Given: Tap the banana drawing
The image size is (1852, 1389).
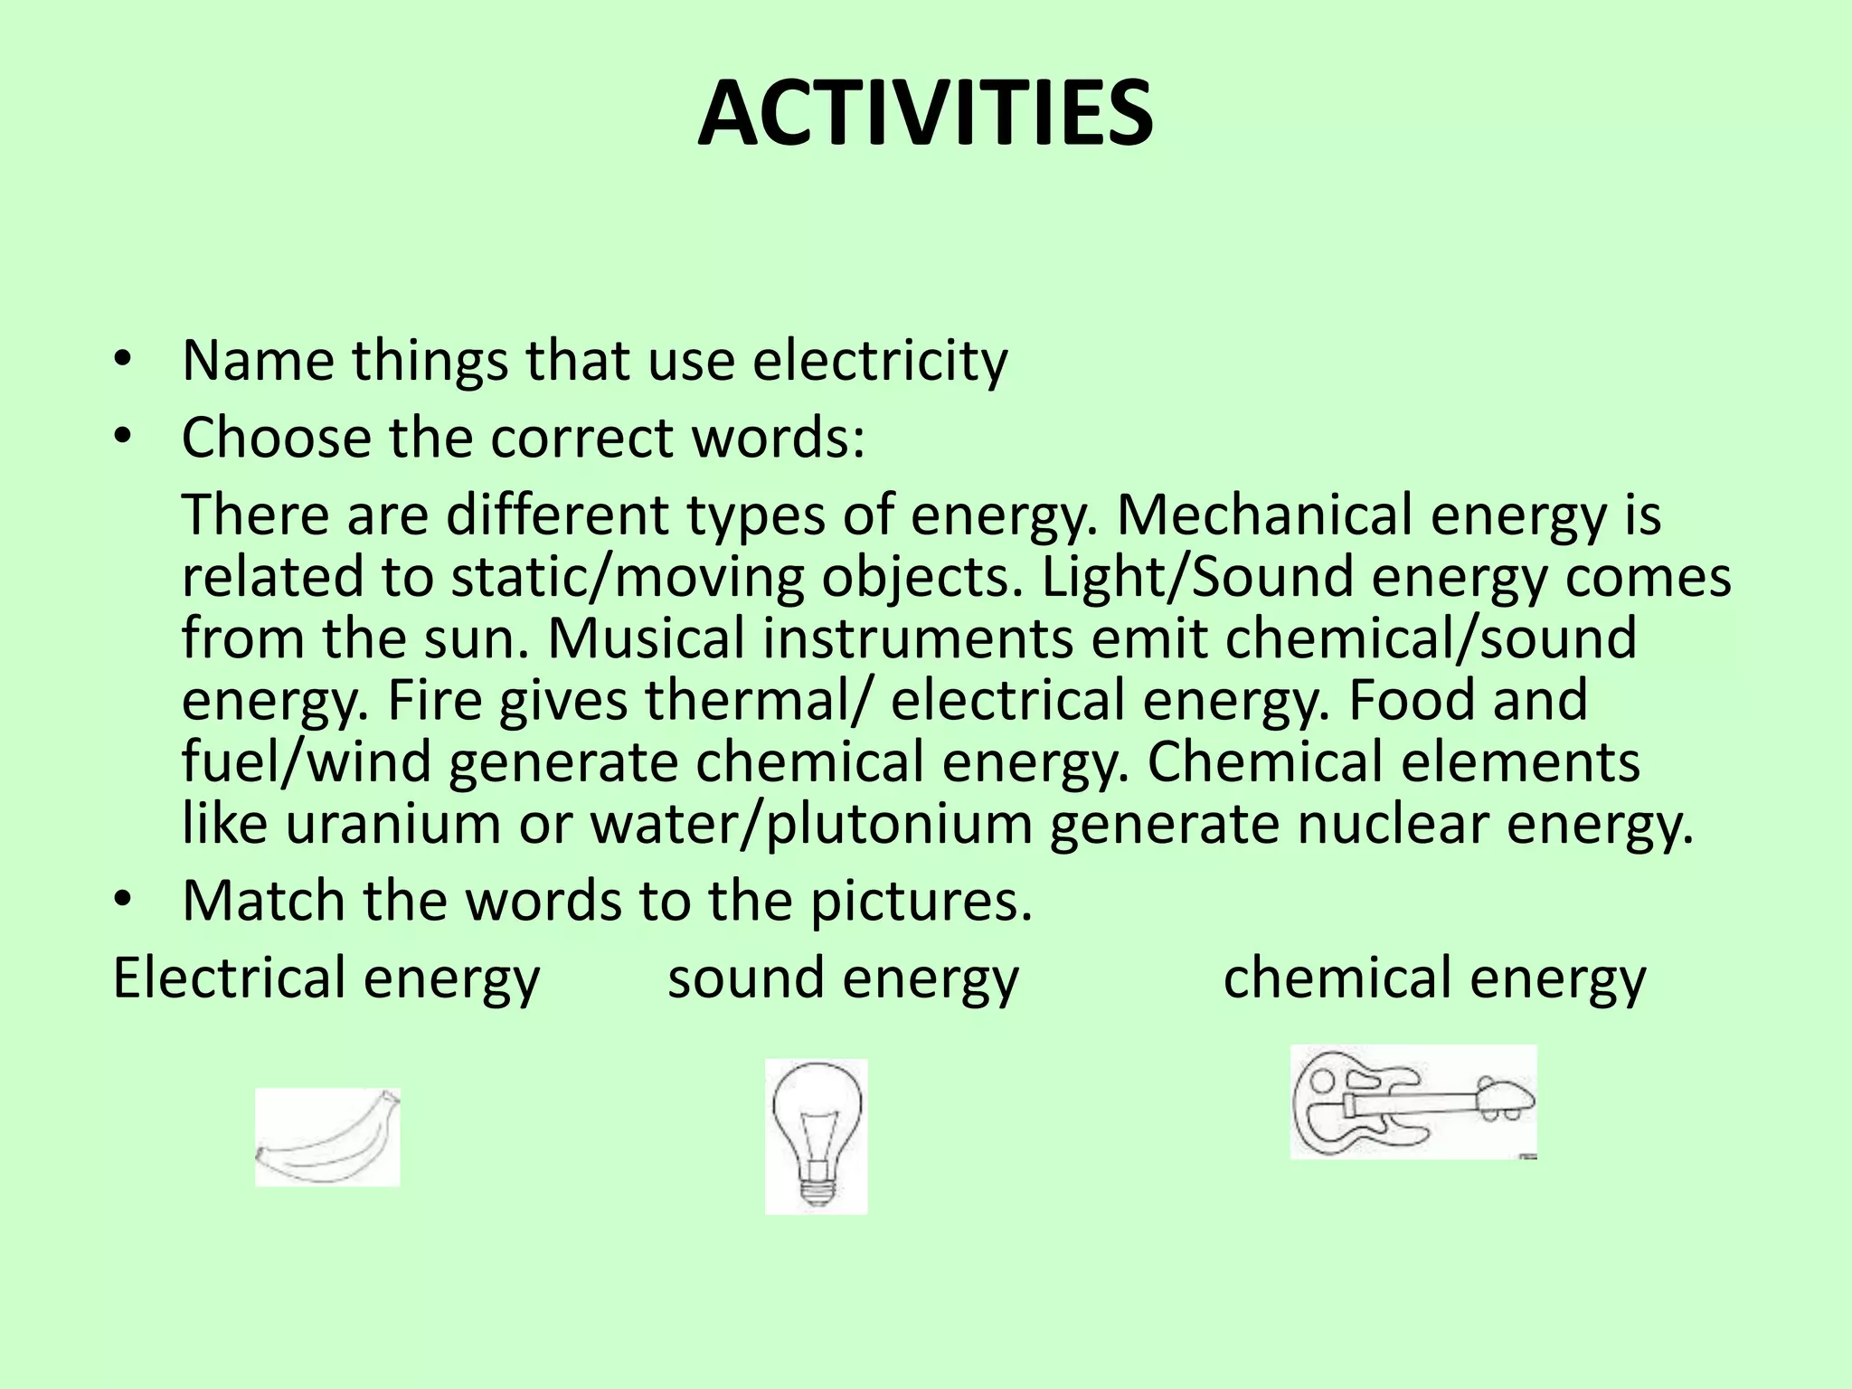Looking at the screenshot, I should coord(327,1138).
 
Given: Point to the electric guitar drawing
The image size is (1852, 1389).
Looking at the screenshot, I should coord(1413,1102).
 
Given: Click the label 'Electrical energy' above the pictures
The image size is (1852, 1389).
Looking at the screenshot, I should coord(326,979).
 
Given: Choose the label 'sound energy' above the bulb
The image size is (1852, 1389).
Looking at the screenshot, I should coord(843,979).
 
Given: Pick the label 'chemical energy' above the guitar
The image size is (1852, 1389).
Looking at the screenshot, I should coord(1434,979).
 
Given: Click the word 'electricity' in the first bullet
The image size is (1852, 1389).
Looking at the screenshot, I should coord(880,361).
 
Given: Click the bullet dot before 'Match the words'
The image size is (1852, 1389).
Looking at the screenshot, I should coord(124,901).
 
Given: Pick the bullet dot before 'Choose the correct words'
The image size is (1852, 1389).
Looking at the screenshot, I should coord(124,438).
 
